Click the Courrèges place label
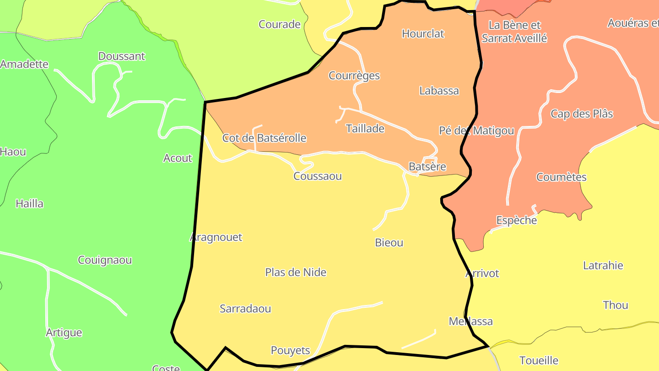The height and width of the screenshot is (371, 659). tap(354, 76)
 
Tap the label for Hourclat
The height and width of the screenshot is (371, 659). tap(423, 33)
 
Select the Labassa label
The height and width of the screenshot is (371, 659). tap(439, 91)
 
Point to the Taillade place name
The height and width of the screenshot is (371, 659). tap(365, 129)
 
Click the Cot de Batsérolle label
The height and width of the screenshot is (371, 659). tap(264, 138)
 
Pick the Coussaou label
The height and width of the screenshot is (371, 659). tap(318, 176)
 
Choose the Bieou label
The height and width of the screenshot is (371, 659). tap(389, 243)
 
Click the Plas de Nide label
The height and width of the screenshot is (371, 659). tap(296, 273)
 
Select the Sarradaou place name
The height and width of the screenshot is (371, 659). tap(245, 309)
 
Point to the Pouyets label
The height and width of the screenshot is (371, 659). tap(290, 350)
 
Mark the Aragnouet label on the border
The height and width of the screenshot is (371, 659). tap(216, 237)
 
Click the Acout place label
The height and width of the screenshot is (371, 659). tap(178, 158)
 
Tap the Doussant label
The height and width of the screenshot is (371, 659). tap(121, 56)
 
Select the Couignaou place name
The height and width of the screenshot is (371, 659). tap(105, 260)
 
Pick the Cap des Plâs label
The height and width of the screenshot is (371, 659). tap(581, 114)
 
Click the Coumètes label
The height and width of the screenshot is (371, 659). tap(561, 177)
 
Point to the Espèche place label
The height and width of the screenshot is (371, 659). tap(516, 220)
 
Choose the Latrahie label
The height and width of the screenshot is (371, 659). tap(603, 265)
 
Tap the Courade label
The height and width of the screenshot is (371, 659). tap(279, 24)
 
